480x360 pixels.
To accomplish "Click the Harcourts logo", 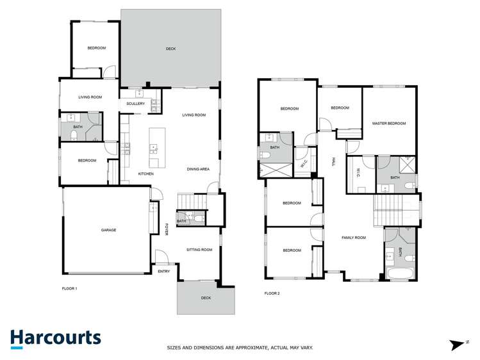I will [55, 338].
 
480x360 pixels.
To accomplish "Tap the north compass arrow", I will [458, 344].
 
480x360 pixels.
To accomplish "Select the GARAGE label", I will [108, 229].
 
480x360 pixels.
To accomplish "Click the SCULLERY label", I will [135, 103].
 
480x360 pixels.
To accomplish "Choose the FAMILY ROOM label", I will [353, 238].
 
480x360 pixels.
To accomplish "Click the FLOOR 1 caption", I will [69, 288].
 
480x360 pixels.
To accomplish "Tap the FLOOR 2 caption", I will [272, 293].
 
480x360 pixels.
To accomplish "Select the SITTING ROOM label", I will [199, 249].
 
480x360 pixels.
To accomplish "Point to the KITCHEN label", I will [146, 174].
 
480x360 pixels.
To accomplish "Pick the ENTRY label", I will [164, 272].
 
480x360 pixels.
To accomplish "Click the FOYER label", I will [165, 229].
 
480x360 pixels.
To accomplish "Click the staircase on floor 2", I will [387, 209].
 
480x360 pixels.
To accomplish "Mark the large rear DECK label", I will [170, 49].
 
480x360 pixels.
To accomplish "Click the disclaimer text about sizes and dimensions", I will [240, 348].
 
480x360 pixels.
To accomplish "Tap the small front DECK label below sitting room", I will [206, 298].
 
